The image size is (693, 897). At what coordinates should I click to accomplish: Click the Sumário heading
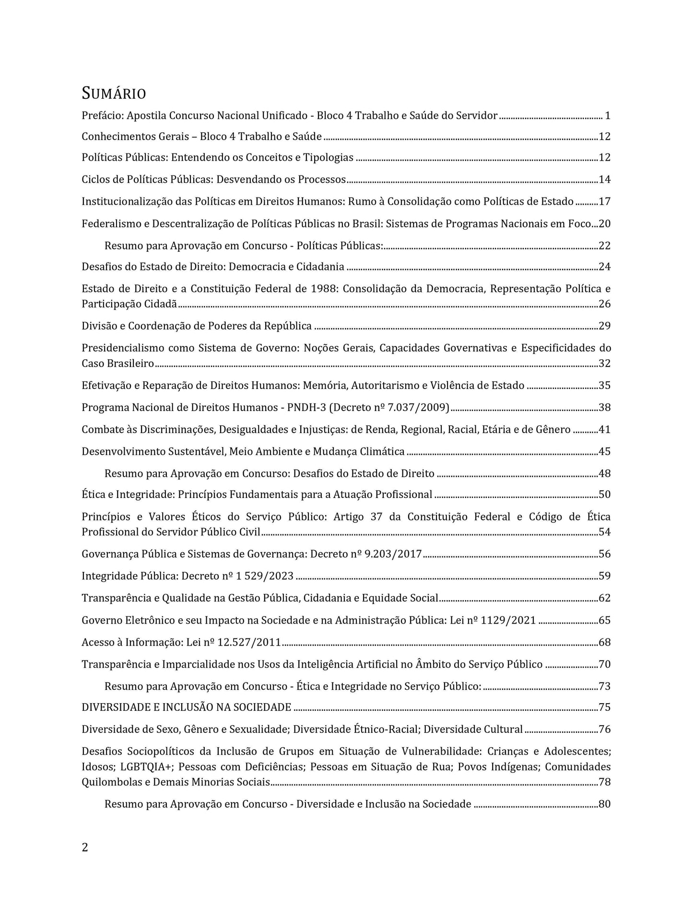click(x=114, y=93)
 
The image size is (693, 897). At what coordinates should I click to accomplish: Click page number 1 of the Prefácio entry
click(x=607, y=116)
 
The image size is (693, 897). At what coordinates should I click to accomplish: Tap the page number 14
click(x=604, y=180)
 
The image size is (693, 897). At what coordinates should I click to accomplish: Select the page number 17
click(x=604, y=201)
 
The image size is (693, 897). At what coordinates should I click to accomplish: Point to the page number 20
click(x=604, y=224)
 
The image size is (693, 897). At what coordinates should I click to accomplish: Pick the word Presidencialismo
click(x=123, y=348)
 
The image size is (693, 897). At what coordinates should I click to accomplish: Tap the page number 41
click(x=604, y=430)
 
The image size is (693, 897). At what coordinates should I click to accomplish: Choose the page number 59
click(x=604, y=576)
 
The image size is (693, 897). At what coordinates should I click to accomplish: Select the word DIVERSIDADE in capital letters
click(x=117, y=708)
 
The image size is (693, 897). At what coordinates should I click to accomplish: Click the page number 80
click(x=604, y=804)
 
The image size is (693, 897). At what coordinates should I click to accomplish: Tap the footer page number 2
click(x=85, y=848)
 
